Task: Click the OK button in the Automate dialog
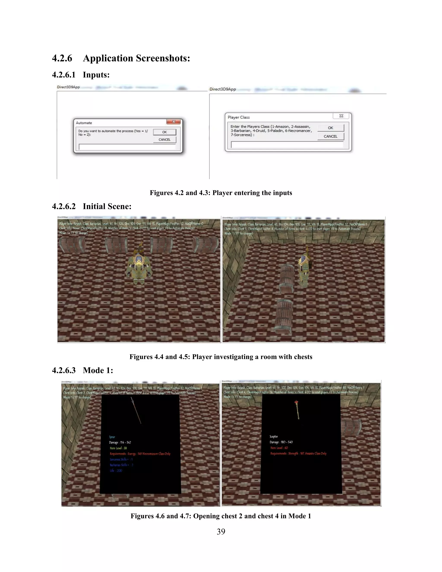[x=164, y=132]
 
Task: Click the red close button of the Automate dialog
[x=173, y=122]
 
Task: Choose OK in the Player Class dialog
[x=330, y=128]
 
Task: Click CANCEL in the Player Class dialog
[x=330, y=136]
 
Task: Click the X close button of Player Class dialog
[x=341, y=116]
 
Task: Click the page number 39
[x=221, y=531]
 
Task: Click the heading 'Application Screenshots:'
[x=136, y=58]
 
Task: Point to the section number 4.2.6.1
[x=64, y=75]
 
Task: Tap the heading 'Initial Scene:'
[x=107, y=206]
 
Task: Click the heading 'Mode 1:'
[x=98, y=370]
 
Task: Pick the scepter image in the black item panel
[x=297, y=410]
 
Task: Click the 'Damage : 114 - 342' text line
[x=120, y=442]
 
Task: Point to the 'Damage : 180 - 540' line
[x=281, y=442]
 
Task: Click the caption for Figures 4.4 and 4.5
[x=221, y=357]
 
